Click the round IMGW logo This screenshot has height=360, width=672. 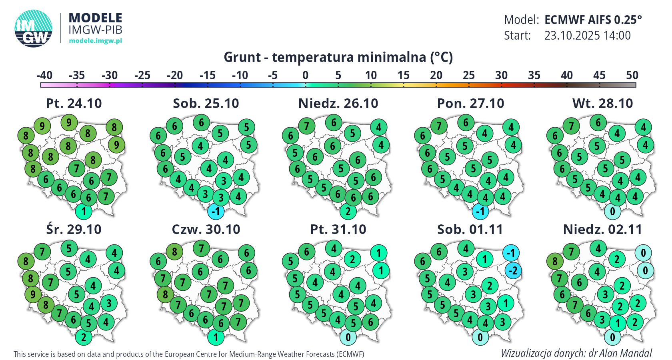(34, 28)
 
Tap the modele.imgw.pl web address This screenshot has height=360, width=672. (95, 41)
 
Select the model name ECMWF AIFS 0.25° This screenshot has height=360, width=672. (593, 20)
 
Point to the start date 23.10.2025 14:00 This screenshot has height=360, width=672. (587, 36)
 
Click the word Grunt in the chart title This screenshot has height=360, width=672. (242, 58)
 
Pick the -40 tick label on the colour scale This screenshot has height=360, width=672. (44, 75)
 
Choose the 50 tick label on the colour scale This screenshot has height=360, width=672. (632, 75)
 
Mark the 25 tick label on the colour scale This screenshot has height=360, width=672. (469, 75)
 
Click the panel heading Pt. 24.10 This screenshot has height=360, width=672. (74, 104)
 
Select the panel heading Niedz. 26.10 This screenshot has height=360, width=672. (338, 104)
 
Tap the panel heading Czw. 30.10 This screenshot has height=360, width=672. (206, 230)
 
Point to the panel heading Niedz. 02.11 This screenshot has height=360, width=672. (602, 230)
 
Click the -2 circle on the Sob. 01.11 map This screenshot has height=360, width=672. (513, 271)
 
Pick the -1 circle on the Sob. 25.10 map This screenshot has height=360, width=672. (216, 212)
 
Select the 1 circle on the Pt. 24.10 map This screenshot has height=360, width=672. (84, 212)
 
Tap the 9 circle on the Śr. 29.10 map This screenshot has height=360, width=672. (33, 295)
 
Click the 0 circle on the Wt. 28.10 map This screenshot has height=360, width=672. (612, 212)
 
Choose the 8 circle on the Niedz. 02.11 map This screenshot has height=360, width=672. (555, 262)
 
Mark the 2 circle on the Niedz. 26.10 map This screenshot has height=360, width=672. (348, 212)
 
